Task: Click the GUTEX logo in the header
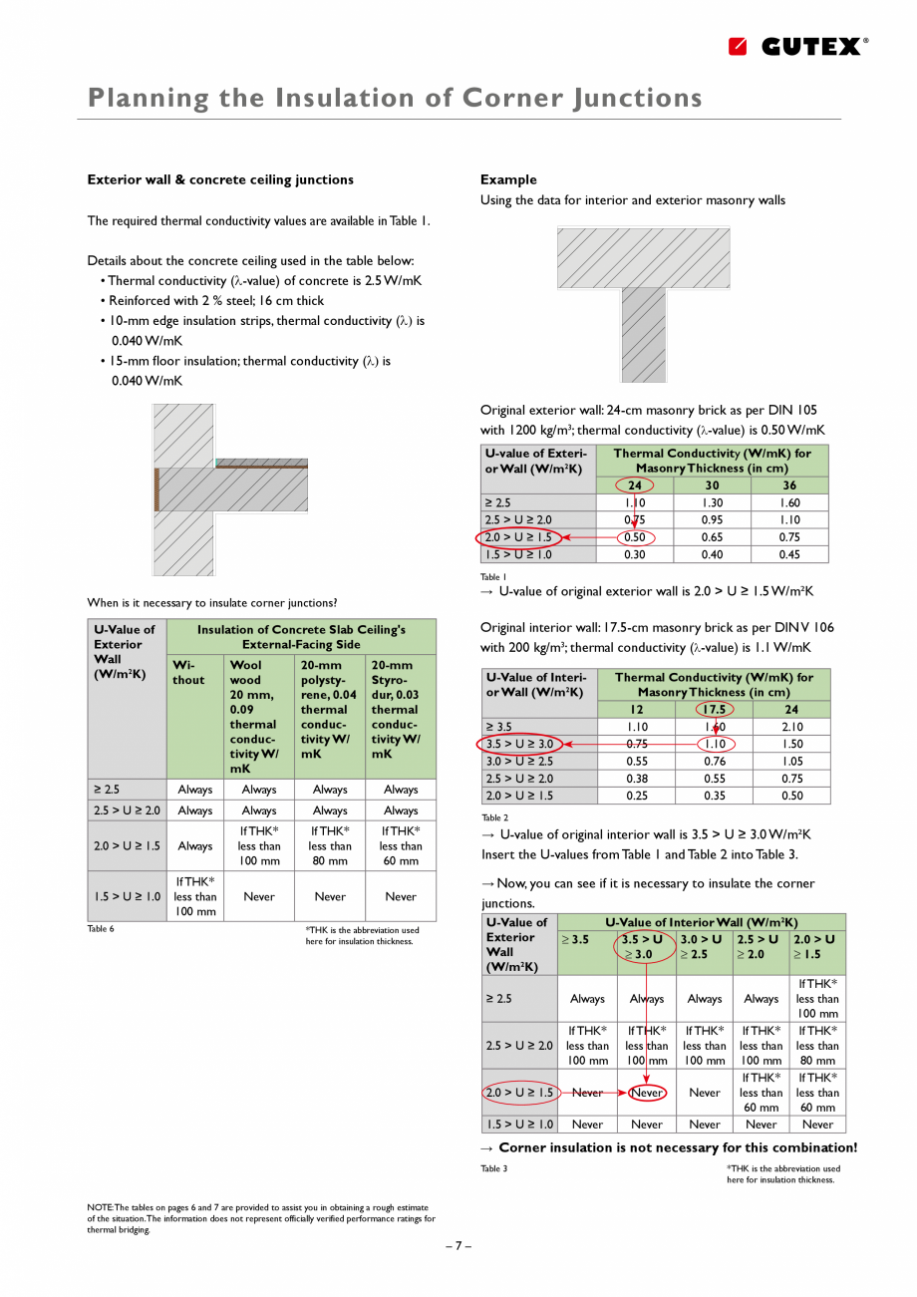click(797, 46)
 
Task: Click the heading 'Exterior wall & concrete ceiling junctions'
click(220, 179)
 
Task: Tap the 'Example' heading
click(508, 179)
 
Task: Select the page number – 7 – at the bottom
click(458, 1245)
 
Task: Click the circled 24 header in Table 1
click(635, 486)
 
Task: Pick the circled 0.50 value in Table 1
click(635, 537)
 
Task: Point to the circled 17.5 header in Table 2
click(715, 710)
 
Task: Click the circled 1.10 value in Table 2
click(715, 744)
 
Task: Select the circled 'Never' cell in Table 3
click(647, 1093)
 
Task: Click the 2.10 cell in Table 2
click(791, 727)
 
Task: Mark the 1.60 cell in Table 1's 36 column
click(789, 503)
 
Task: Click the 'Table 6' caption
click(101, 929)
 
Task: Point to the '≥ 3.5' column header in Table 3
click(575, 939)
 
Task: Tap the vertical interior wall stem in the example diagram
click(643, 335)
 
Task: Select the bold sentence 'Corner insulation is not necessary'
click(678, 1147)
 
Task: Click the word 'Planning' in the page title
click(149, 98)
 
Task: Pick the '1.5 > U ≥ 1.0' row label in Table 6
click(128, 896)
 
